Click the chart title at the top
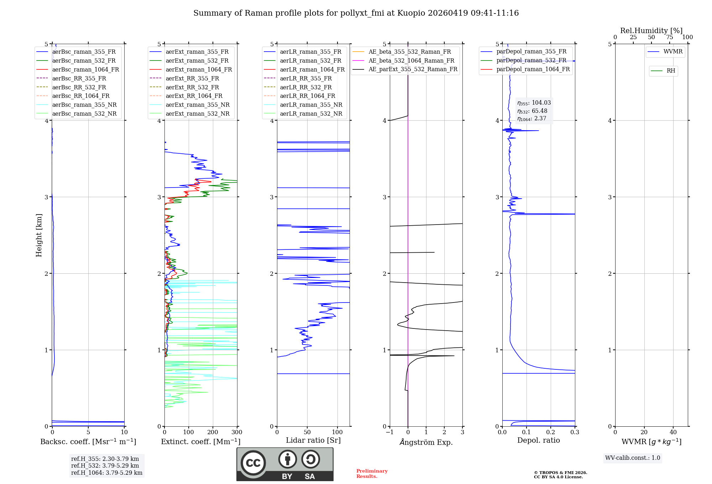356,13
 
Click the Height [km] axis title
39,235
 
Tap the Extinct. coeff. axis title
201,442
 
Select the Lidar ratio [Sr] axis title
313,440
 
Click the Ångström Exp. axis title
426,442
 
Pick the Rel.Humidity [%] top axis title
651,31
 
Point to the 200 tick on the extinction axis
213,432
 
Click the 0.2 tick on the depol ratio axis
551,432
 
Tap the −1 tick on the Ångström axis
389,432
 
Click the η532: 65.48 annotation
532,111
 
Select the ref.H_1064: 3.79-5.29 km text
107,473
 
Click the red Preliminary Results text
372,474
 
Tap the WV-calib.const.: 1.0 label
633,458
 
